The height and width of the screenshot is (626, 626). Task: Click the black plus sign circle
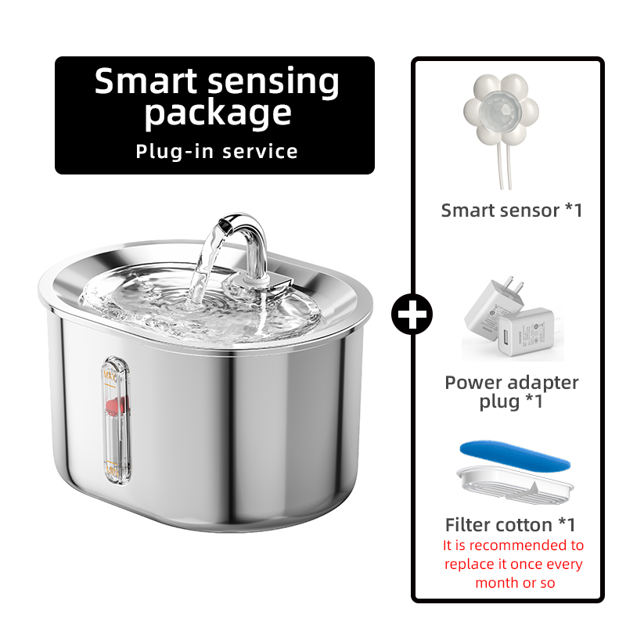[x=412, y=315]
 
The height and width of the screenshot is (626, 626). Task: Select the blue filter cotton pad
[x=515, y=455]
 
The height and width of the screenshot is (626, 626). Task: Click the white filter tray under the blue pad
[x=515, y=484]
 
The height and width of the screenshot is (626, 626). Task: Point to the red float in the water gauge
[x=116, y=405]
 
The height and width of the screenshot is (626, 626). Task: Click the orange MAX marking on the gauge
[x=110, y=376]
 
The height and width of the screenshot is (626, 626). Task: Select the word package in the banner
[x=218, y=113]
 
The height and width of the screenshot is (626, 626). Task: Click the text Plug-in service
[x=217, y=151]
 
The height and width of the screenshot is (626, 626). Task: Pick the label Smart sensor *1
[x=512, y=210]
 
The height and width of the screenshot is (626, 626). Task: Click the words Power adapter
[x=512, y=383]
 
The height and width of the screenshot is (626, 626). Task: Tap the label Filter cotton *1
[x=511, y=524]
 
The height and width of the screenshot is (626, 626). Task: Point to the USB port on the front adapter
[x=508, y=335]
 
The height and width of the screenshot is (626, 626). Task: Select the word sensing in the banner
[x=273, y=82]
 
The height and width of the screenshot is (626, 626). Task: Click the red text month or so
[x=515, y=583]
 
